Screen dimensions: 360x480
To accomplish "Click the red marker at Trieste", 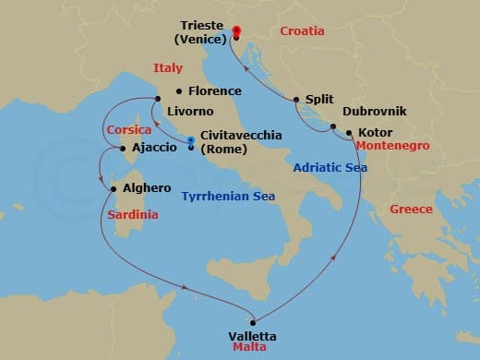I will click(237, 31).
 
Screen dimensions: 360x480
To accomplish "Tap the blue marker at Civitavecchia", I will click(191, 141).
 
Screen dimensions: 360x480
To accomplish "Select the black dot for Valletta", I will click(252, 322).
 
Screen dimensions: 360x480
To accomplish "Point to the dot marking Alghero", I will click(114, 189).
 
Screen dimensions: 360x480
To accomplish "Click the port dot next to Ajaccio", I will click(123, 148).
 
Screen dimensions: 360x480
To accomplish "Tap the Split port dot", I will click(296, 100).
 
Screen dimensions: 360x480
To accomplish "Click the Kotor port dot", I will click(349, 133).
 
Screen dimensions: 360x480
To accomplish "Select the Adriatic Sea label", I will click(330, 167).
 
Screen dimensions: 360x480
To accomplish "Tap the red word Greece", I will click(411, 210).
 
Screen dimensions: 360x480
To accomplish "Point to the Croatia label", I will click(302, 30).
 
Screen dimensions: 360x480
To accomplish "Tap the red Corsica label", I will click(129, 130).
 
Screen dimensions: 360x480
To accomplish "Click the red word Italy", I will click(168, 67).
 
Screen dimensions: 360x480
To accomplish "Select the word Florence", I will click(214, 91).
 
